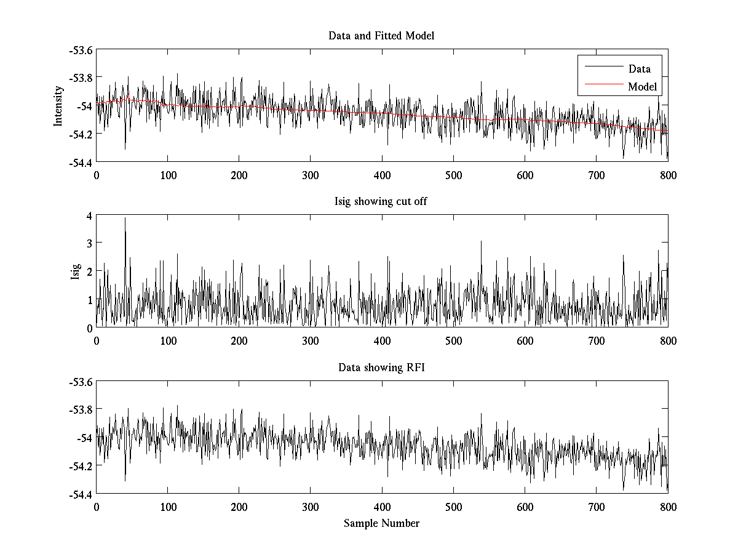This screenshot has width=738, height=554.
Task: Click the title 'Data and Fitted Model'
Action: pos(381,36)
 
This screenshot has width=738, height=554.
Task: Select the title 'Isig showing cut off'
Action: pos(381,201)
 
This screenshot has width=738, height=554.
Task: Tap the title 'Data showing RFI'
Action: pos(381,367)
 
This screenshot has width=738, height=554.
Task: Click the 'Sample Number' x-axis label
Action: pos(381,523)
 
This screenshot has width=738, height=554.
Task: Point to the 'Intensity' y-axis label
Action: pos(58,105)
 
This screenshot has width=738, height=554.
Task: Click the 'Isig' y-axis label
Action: pos(76,271)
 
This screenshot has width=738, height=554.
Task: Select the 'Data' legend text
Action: pos(639,69)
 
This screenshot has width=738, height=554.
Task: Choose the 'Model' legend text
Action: pos(642,87)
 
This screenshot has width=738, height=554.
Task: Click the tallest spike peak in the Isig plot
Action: pos(125,218)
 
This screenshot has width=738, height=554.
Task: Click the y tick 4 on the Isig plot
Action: pos(89,215)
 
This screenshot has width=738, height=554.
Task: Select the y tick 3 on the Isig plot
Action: pos(89,243)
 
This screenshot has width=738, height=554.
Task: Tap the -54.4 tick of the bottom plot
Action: pos(80,494)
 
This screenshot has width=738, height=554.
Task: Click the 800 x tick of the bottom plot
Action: pos(668,507)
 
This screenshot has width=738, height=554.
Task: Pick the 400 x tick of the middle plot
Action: pos(382,341)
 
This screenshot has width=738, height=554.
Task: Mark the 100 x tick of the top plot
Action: pos(168,175)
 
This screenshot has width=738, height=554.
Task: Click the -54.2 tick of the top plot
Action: pos(80,134)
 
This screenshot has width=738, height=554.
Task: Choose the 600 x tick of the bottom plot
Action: pos(525,507)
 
